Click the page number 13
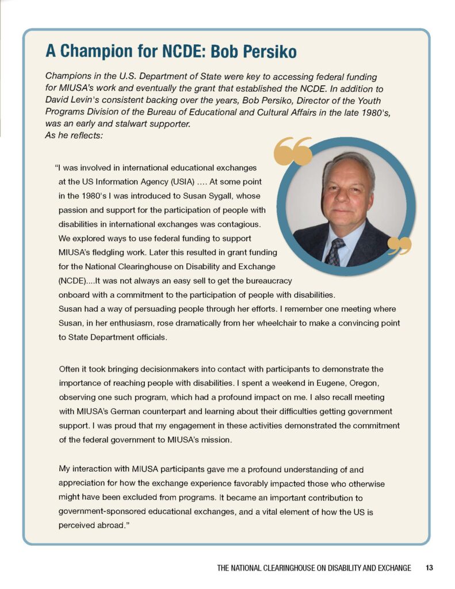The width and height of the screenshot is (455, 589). pyautogui.click(x=429, y=568)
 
